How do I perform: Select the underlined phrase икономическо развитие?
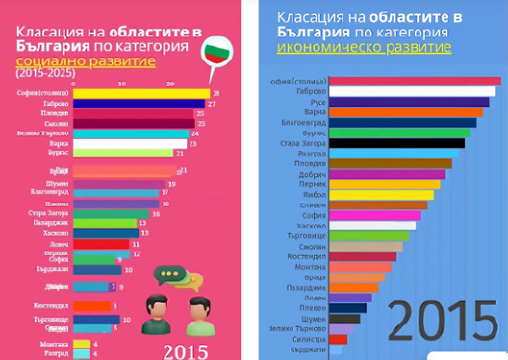point(363,46)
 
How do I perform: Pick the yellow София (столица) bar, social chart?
point(142,93)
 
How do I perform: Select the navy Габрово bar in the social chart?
point(140,103)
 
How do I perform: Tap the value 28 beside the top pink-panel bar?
point(216,93)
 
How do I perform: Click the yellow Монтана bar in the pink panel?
point(82,344)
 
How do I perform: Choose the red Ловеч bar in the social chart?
point(101,244)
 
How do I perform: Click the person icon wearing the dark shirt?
point(157,315)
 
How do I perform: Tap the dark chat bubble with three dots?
point(172,276)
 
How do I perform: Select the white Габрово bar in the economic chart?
point(411,91)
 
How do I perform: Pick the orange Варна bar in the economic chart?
point(405,112)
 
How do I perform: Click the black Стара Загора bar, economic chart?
point(396,142)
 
